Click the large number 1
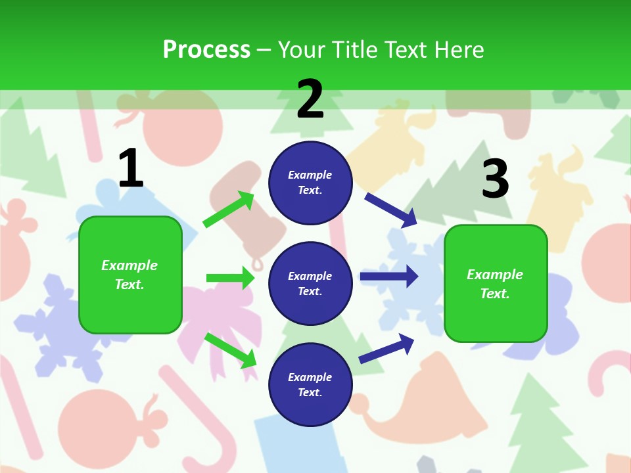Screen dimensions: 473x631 tap(131, 169)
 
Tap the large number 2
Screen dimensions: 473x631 tap(310, 99)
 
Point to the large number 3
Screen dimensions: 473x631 tap(496, 179)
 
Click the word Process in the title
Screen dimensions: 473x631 tap(206, 49)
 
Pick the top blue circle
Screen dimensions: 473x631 tap(310, 183)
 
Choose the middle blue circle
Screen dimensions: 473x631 tap(310, 283)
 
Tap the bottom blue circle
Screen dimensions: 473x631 tap(310, 384)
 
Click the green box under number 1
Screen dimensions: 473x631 tap(130, 275)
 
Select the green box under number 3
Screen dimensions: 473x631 tap(496, 283)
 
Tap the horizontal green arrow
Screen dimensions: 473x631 tap(230, 278)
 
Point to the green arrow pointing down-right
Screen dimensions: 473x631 tap(231, 350)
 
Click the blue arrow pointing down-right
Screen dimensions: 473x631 tap(391, 210)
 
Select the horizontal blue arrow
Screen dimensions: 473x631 tap(389, 277)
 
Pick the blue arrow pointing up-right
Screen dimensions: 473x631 tap(387, 348)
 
